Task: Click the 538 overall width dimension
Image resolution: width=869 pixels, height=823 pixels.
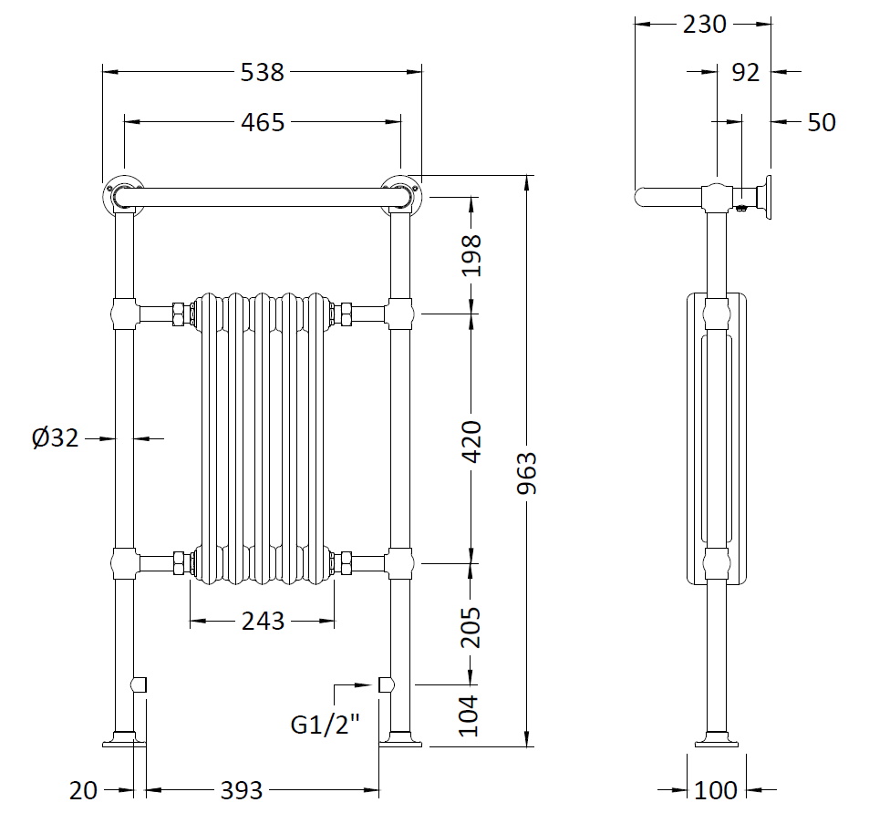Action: [262, 73]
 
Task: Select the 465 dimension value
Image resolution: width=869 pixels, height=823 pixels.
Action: [263, 122]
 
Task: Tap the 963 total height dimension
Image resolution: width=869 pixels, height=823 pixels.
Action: [527, 473]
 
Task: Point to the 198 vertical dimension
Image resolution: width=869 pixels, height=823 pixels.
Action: [471, 255]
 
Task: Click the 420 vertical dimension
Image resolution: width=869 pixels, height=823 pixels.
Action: [471, 441]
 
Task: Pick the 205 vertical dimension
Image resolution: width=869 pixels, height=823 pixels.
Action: [471, 627]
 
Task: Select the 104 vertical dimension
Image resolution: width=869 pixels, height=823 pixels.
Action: [469, 715]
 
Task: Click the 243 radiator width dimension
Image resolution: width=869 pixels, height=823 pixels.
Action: [263, 622]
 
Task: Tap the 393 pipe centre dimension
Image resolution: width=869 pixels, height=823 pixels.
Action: [242, 790]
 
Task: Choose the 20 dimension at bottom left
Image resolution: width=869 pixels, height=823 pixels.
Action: [83, 790]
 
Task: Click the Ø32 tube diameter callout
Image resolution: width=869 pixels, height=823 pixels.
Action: [56, 438]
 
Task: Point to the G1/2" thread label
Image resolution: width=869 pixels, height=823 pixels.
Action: [326, 724]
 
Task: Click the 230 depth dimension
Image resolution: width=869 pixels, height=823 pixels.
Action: [704, 25]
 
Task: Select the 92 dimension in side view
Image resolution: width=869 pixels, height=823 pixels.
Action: [745, 73]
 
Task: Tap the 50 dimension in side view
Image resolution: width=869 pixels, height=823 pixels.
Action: [822, 122]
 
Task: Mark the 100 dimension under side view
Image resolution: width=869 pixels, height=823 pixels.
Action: [716, 790]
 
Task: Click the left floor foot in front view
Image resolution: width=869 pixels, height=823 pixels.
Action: [124, 739]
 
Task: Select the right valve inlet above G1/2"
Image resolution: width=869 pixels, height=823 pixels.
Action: [386, 685]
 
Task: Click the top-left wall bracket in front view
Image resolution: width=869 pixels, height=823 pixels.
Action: [123, 194]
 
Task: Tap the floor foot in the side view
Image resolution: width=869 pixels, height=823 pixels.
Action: [716, 739]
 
